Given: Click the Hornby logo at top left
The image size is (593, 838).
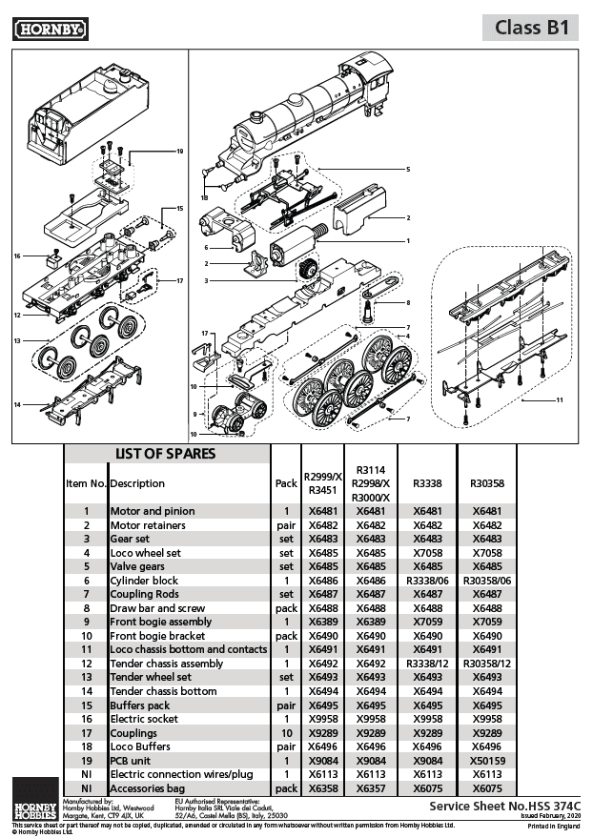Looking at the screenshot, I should [x=51, y=30].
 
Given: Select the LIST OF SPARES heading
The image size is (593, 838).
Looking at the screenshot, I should [x=166, y=454].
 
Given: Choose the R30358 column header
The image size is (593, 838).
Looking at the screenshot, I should [x=486, y=483].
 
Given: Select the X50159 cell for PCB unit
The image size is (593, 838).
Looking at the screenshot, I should [x=486, y=761].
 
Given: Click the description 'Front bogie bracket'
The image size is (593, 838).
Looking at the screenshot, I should [x=156, y=636].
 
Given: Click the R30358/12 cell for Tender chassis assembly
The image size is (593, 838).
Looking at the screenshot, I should [x=486, y=664].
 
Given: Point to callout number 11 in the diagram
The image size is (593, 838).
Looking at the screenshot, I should [x=561, y=399].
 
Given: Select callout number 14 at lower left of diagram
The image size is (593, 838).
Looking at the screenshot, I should [x=17, y=405].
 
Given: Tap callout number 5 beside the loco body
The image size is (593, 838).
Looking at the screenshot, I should [x=407, y=170].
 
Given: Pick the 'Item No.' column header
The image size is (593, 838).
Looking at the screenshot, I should [x=85, y=483].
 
